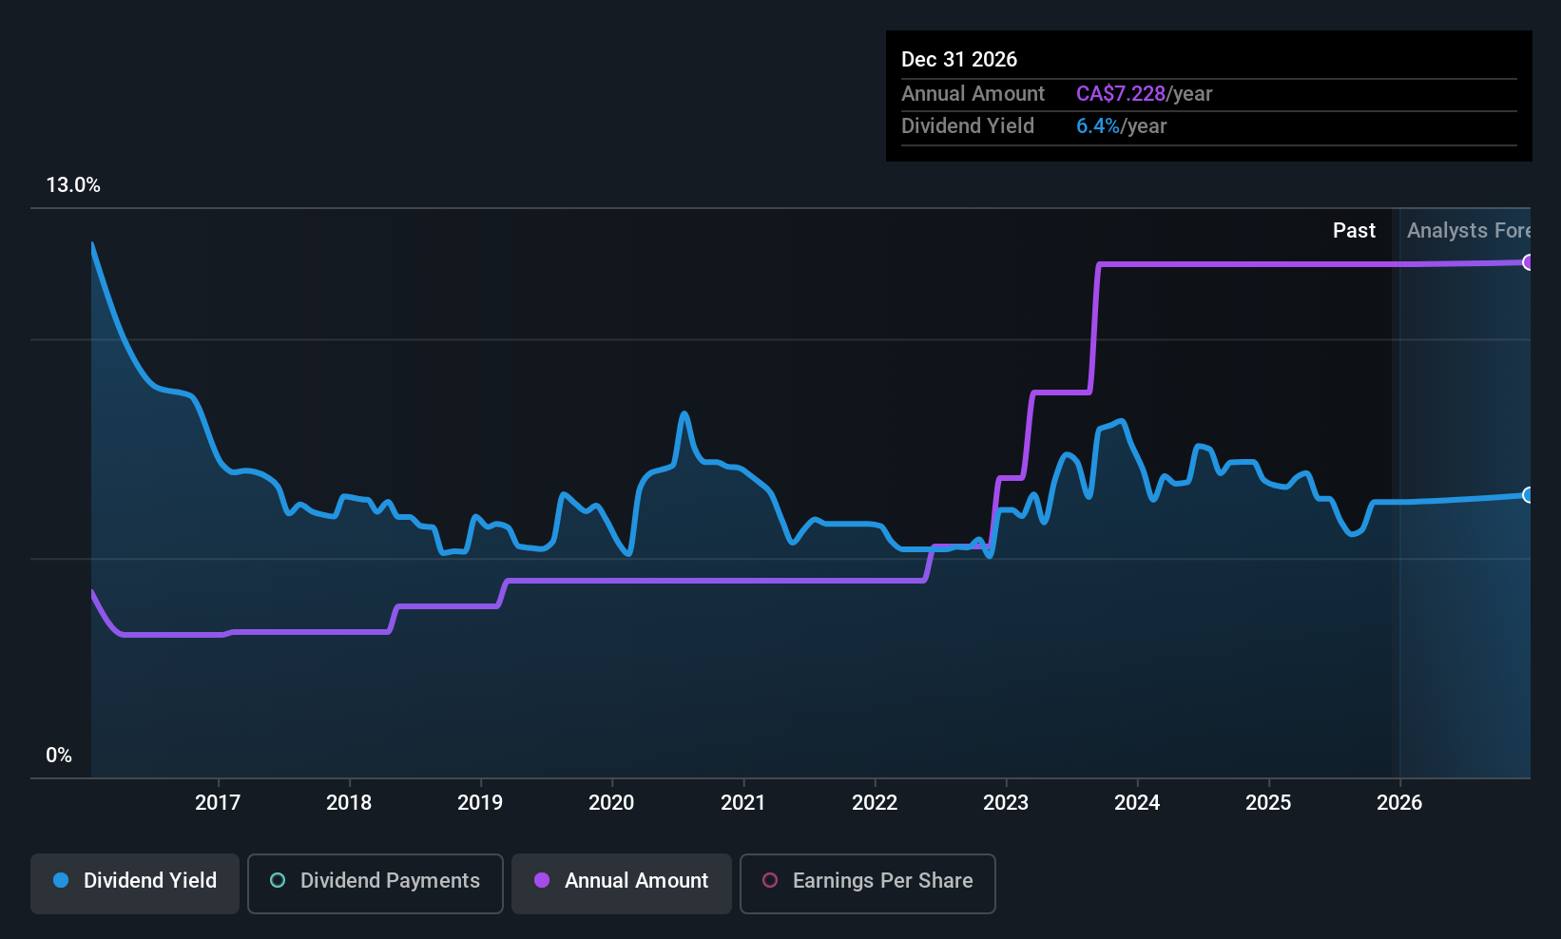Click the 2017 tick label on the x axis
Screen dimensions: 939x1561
[x=218, y=802]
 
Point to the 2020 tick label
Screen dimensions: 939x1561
[x=611, y=802]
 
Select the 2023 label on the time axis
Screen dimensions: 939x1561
[x=1006, y=802]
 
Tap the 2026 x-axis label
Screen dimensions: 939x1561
[x=1399, y=802]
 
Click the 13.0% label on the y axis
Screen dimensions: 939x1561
[x=73, y=185]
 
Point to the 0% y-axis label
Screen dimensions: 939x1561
[x=59, y=756]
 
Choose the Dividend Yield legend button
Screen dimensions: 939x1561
[x=135, y=881]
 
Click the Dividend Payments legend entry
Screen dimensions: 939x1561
[x=376, y=881]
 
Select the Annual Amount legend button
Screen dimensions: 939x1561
[x=622, y=881]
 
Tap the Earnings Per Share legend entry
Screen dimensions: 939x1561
[x=867, y=881]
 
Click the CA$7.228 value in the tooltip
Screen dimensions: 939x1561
[x=1120, y=94]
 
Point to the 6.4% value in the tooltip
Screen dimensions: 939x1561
[x=1097, y=126]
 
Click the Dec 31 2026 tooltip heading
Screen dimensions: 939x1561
[x=959, y=60]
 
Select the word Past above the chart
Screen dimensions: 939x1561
[x=1354, y=231]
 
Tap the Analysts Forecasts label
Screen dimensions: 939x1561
[x=1468, y=231]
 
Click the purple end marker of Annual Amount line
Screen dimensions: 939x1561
[x=1528, y=262]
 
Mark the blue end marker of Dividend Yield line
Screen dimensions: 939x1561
[x=1528, y=495]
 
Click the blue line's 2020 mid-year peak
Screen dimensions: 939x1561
[x=684, y=413]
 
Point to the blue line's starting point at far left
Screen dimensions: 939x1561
[x=92, y=244]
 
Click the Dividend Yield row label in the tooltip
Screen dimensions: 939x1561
[x=968, y=126]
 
